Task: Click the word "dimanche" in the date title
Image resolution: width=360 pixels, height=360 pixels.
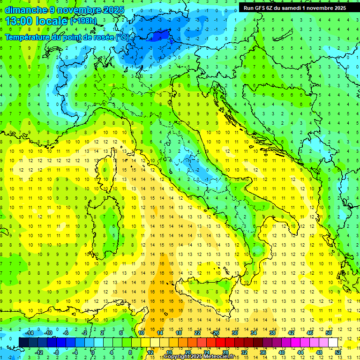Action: coord(23,10)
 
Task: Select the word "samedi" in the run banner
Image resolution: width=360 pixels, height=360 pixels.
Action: coord(300,8)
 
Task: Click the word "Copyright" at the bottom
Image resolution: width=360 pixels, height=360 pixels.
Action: coord(176,357)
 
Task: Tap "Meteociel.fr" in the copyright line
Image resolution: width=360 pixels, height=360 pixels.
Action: coord(219,357)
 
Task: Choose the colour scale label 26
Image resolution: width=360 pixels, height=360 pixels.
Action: coord(216,333)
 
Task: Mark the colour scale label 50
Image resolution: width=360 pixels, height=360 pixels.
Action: coord(329,333)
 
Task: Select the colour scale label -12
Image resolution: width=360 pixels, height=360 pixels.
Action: coord(39,352)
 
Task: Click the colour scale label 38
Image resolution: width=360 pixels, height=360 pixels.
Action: coord(272,333)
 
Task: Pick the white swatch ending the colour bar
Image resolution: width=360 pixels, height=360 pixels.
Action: coord(333,342)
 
